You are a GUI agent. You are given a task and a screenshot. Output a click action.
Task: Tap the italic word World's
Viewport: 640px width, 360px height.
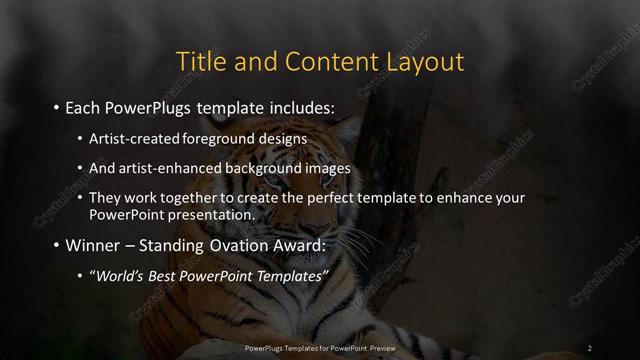pyautogui.click(x=118, y=276)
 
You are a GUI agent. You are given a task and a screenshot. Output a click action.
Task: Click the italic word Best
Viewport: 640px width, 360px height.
pyautogui.click(x=163, y=276)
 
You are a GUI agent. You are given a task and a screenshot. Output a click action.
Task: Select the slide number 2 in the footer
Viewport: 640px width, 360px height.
pyautogui.click(x=590, y=347)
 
